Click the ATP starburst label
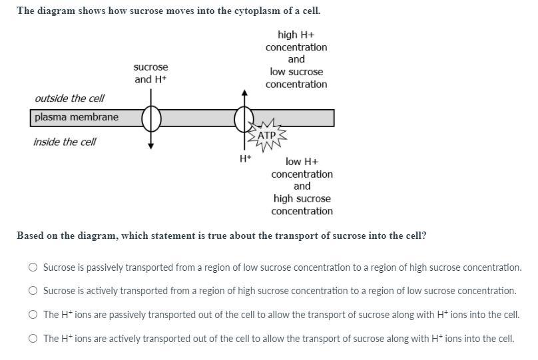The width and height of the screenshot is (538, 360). (266, 135)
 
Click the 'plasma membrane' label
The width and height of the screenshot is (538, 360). (77, 117)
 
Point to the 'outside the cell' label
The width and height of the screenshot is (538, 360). (69, 98)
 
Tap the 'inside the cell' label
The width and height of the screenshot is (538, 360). (65, 142)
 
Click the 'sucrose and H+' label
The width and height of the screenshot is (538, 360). (150, 73)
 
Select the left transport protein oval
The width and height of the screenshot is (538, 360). (151, 118)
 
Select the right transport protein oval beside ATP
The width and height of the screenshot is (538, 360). (244, 118)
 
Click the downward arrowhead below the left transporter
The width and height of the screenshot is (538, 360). (151, 146)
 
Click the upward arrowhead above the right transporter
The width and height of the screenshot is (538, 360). (244, 92)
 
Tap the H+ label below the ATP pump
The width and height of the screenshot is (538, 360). (245, 158)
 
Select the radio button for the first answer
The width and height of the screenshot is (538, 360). (33, 268)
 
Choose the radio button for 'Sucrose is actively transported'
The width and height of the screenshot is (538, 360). (33, 291)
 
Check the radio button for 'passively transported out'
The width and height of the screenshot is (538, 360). (33, 315)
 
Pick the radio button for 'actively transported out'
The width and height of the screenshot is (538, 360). (33, 339)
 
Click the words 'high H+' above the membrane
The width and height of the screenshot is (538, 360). (296, 35)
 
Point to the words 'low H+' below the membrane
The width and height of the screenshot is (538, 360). (302, 162)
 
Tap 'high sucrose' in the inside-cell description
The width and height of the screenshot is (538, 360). (302, 198)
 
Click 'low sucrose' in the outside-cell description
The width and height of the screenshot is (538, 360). (296, 72)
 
